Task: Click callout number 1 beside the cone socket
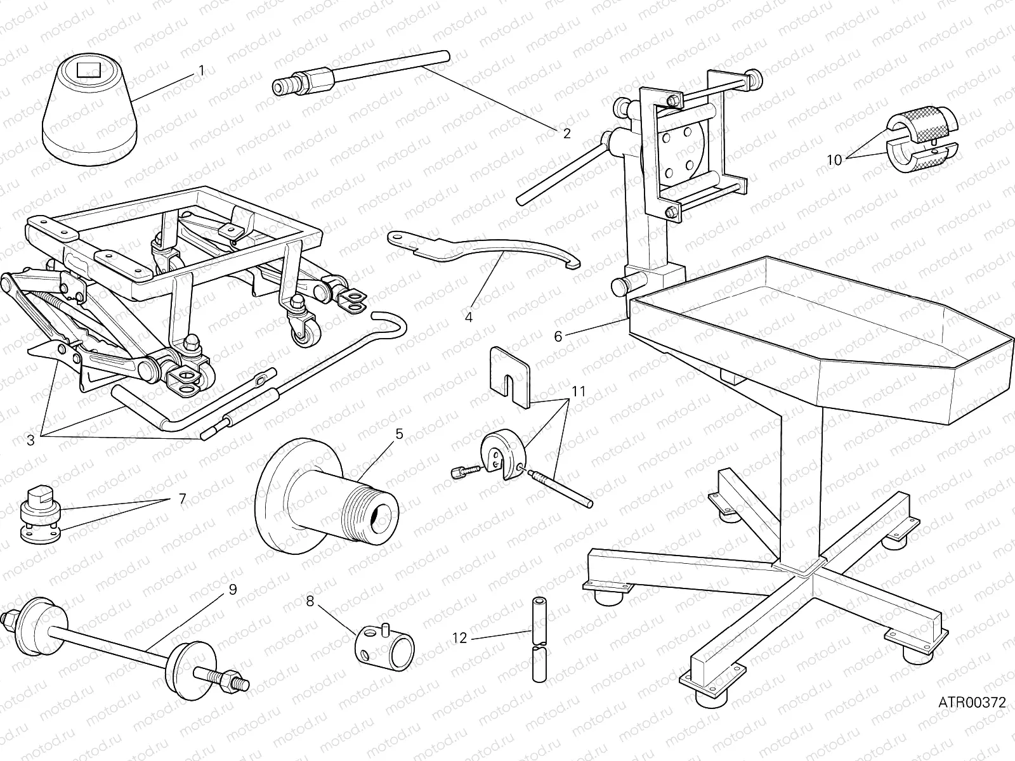tap(202, 70)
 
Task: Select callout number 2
tap(566, 133)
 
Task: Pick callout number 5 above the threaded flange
tap(399, 434)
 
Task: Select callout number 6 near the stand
tap(558, 336)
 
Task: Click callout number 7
tap(182, 499)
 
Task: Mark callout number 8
tap(310, 601)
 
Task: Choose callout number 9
tap(232, 589)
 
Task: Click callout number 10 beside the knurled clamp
tap(834, 160)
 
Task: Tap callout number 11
tap(578, 391)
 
